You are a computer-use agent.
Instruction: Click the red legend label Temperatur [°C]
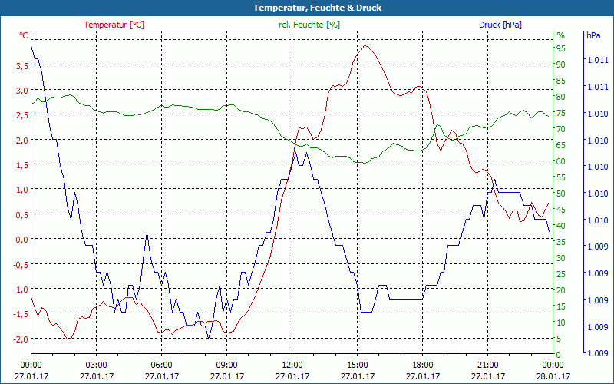point(114,25)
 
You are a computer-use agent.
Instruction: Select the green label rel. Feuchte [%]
point(309,25)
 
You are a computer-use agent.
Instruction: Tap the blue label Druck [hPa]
point(500,25)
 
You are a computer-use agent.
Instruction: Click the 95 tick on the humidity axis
point(561,48)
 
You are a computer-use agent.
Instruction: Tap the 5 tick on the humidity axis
point(559,339)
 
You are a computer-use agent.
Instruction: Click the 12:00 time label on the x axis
point(292,365)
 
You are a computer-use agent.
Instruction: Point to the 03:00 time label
point(96,365)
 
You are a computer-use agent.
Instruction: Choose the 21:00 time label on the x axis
point(488,365)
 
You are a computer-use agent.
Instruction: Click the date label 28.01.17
point(553,376)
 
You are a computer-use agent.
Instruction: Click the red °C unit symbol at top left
point(24,35)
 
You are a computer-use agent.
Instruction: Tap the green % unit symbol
point(560,35)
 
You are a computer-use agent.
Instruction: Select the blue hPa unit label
point(593,35)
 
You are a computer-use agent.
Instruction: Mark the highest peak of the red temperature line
point(365,46)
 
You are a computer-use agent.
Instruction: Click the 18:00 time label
point(423,365)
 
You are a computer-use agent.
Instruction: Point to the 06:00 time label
point(162,365)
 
